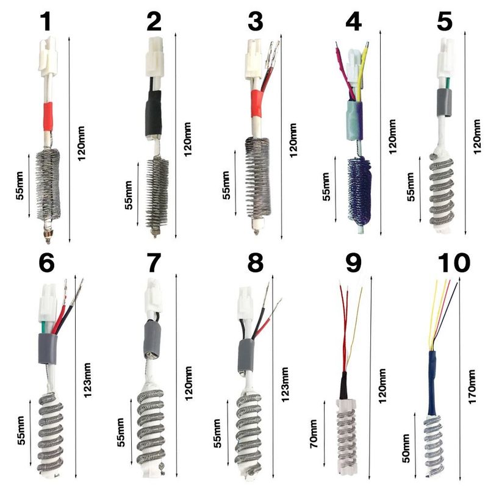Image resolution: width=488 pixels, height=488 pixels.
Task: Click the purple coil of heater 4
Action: click(x=359, y=190)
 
